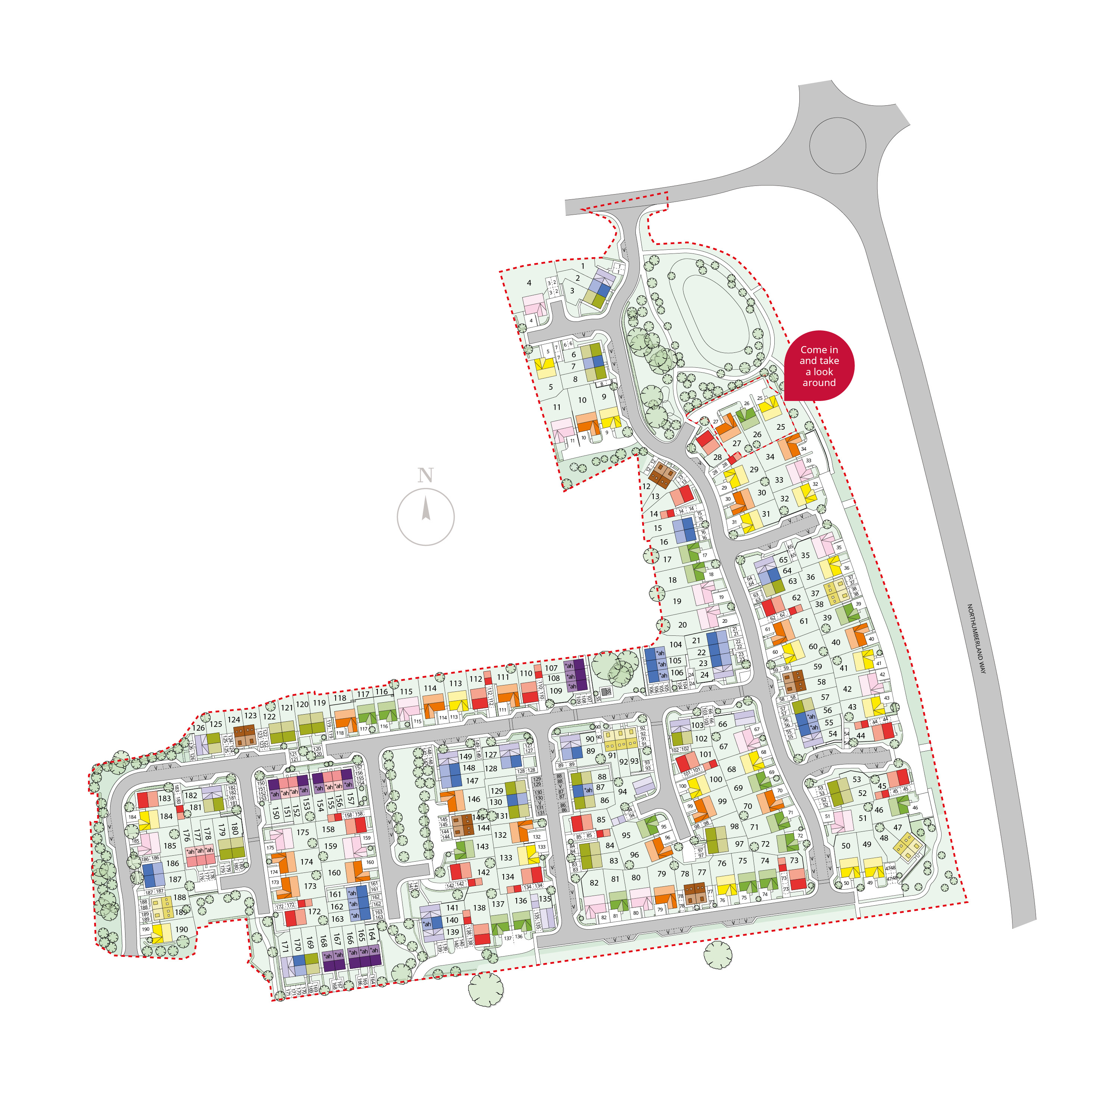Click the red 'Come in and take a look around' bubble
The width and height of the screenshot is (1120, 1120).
coord(819,365)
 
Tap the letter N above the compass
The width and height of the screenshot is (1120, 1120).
coord(426,475)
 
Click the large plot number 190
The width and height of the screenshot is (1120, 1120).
coord(181,929)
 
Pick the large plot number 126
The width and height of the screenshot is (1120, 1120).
coord(199,728)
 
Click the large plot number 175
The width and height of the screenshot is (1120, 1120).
coord(303,832)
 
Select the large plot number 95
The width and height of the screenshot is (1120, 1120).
coord(626,836)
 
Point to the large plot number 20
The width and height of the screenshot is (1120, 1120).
coord(682,625)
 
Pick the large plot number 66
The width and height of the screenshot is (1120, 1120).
coord(722,724)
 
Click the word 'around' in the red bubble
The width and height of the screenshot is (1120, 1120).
coord(819,383)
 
